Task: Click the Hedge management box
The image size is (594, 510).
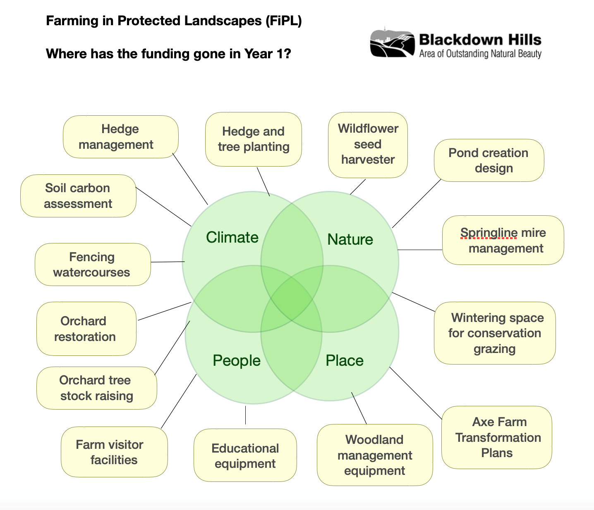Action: pos(120,137)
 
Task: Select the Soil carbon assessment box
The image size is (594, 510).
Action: pos(78,196)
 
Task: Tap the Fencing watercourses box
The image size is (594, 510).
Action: pos(93,265)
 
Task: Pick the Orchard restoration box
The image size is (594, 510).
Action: pos(86,329)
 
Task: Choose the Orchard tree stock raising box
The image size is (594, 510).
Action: pos(96,388)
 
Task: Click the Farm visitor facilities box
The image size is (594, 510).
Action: pos(114,452)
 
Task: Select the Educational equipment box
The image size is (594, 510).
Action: pos(245,455)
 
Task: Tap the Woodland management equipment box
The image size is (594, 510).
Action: pos(375,455)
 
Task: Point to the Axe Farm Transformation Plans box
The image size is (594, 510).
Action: pos(497,437)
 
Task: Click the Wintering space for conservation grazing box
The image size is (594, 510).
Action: pos(495,333)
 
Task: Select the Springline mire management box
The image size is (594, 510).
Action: pos(503,240)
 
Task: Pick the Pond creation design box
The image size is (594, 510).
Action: pos(489,160)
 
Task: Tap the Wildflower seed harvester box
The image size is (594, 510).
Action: pos(368,145)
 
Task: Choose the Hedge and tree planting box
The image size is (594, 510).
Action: pos(253,139)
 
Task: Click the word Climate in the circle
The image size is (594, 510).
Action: pos(232,237)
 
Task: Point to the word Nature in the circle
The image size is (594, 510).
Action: pos(350,239)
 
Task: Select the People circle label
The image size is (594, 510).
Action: pos(236,360)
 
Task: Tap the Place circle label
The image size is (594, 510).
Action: pos(344,360)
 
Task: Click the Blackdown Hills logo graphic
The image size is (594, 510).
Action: pos(392,43)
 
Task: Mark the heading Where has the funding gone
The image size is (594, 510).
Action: pos(168,54)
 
